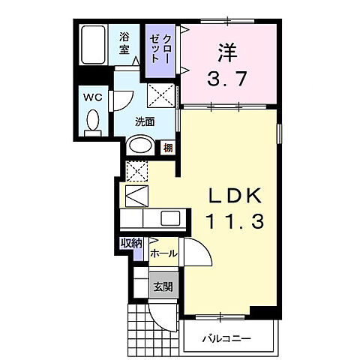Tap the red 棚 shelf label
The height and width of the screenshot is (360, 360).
click(168, 147)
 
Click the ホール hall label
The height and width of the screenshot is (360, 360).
click(163, 254)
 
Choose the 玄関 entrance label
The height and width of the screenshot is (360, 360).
click(163, 286)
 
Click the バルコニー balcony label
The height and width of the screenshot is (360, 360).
click(226, 339)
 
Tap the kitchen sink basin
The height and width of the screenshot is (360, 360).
click(169, 218)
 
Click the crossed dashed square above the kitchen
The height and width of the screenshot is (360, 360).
click(136, 170)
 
